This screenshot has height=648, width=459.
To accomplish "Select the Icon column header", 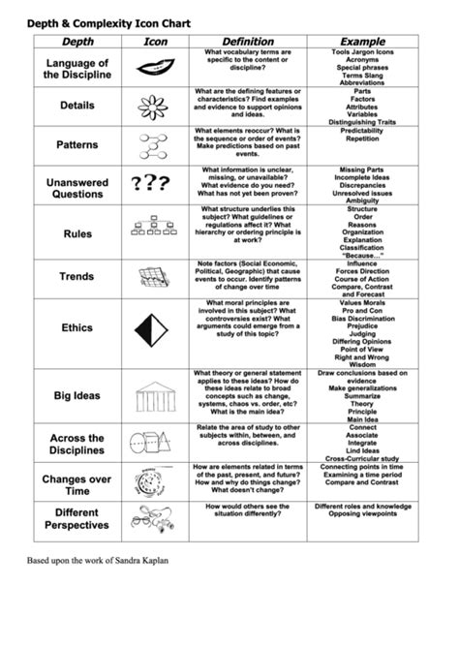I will (156, 42).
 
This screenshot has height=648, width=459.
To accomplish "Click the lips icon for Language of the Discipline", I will (156, 68).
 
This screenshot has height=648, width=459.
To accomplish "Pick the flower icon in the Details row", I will (156, 105).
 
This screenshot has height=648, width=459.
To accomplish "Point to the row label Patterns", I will (76, 144).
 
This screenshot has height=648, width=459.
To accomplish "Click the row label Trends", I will (76, 276).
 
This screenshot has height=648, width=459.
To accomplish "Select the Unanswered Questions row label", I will (76, 187).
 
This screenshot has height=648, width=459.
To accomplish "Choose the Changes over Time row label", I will (76, 484).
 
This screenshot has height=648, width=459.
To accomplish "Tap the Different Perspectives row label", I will (76, 518).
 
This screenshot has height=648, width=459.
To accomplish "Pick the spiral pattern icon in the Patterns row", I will (156, 144).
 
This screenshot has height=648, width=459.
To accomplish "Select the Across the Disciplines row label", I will (76, 444).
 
